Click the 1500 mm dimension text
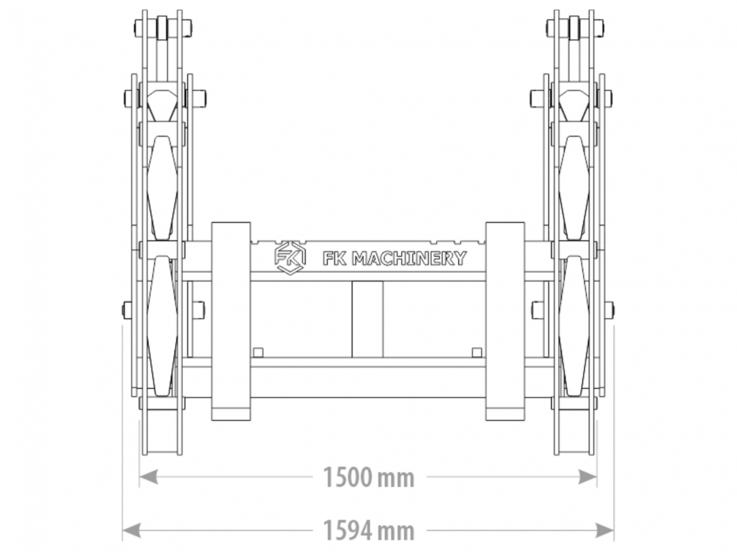pyautogui.click(x=368, y=478)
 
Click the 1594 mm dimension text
pyautogui.click(x=368, y=531)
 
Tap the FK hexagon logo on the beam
pyautogui.click(x=290, y=258)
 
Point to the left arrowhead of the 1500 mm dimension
pyautogui.click(x=148, y=477)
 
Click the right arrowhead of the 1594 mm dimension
pyautogui.click(x=605, y=530)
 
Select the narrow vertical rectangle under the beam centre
pyautogui.click(x=367, y=319)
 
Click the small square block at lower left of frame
pyautogui.click(x=258, y=352)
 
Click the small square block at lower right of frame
pyautogui.click(x=477, y=352)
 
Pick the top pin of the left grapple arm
pyautogui.click(x=162, y=27)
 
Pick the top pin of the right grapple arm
pyautogui.click(x=575, y=27)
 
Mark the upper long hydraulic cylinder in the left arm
pyautogui.click(x=162, y=188)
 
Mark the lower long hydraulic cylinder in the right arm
pyautogui.click(x=574, y=326)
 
